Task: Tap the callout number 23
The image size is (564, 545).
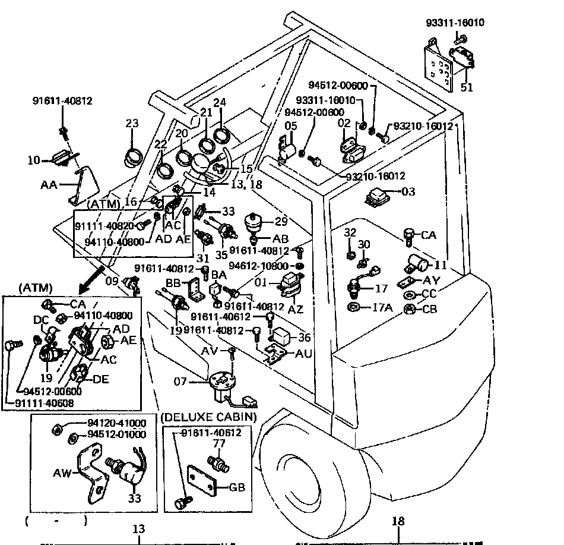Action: pyautogui.click(x=132, y=124)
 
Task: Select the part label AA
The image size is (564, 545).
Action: pyautogui.click(x=49, y=185)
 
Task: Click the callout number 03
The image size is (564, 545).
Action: pyautogui.click(x=408, y=191)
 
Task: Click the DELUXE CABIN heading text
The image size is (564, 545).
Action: pyautogui.click(x=209, y=417)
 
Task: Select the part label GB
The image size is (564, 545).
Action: pyautogui.click(x=236, y=488)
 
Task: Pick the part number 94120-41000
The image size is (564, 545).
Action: pyautogui.click(x=116, y=423)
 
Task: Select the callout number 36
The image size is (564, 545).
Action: pyautogui.click(x=305, y=338)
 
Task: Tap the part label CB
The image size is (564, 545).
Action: pyautogui.click(x=429, y=308)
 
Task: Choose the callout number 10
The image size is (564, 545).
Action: pyautogui.click(x=34, y=160)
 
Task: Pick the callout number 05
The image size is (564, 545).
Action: pyautogui.click(x=291, y=126)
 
